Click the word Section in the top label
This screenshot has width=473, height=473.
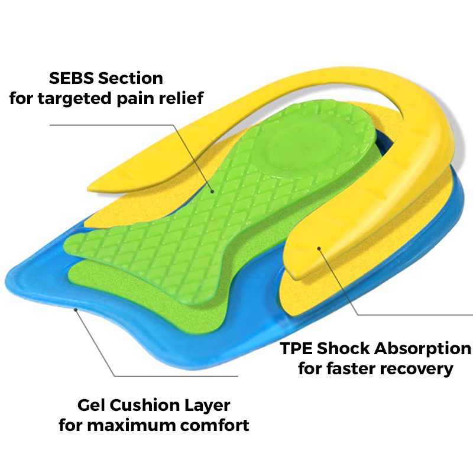tap(131, 78)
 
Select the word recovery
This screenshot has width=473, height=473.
tap(419, 369)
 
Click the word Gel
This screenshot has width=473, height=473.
tap(92, 406)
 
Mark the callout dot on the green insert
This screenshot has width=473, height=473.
tap(212, 190)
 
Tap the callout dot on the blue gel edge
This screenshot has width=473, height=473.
tap(75, 308)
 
